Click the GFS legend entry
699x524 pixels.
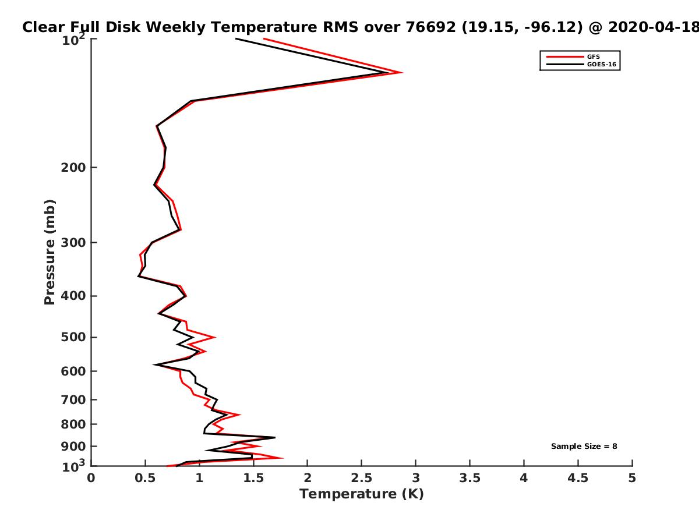pos(594,56)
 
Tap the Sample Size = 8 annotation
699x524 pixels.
pos(584,447)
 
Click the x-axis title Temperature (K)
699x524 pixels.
pos(361,494)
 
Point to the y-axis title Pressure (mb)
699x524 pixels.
pos(50,252)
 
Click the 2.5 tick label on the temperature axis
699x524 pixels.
pos(361,479)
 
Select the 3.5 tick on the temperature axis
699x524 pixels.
pos(469,479)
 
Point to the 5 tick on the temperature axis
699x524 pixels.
pos(632,479)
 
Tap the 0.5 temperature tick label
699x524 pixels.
pos(145,479)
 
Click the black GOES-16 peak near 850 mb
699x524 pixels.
pos(274,437)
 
